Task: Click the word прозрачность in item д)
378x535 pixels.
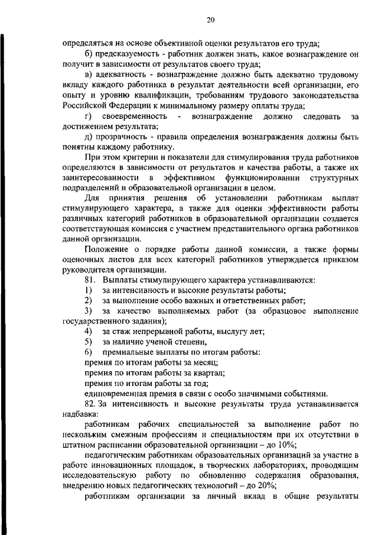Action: coord(123,138)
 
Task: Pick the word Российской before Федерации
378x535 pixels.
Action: coord(86,106)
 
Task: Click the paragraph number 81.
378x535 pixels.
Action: coord(90,280)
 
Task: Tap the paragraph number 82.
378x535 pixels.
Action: coord(90,404)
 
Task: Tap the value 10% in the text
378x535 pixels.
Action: coord(288,445)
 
